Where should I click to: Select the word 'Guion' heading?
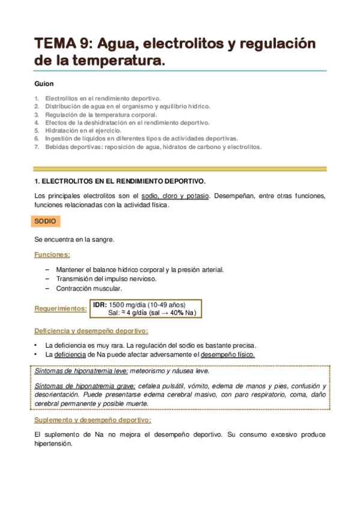tap(44, 84)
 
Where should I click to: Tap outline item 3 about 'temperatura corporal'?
tap(102, 114)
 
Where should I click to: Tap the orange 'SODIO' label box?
tap(46, 222)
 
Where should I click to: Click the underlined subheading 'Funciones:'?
tap(52, 255)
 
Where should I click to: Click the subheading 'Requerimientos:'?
tap(60, 309)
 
